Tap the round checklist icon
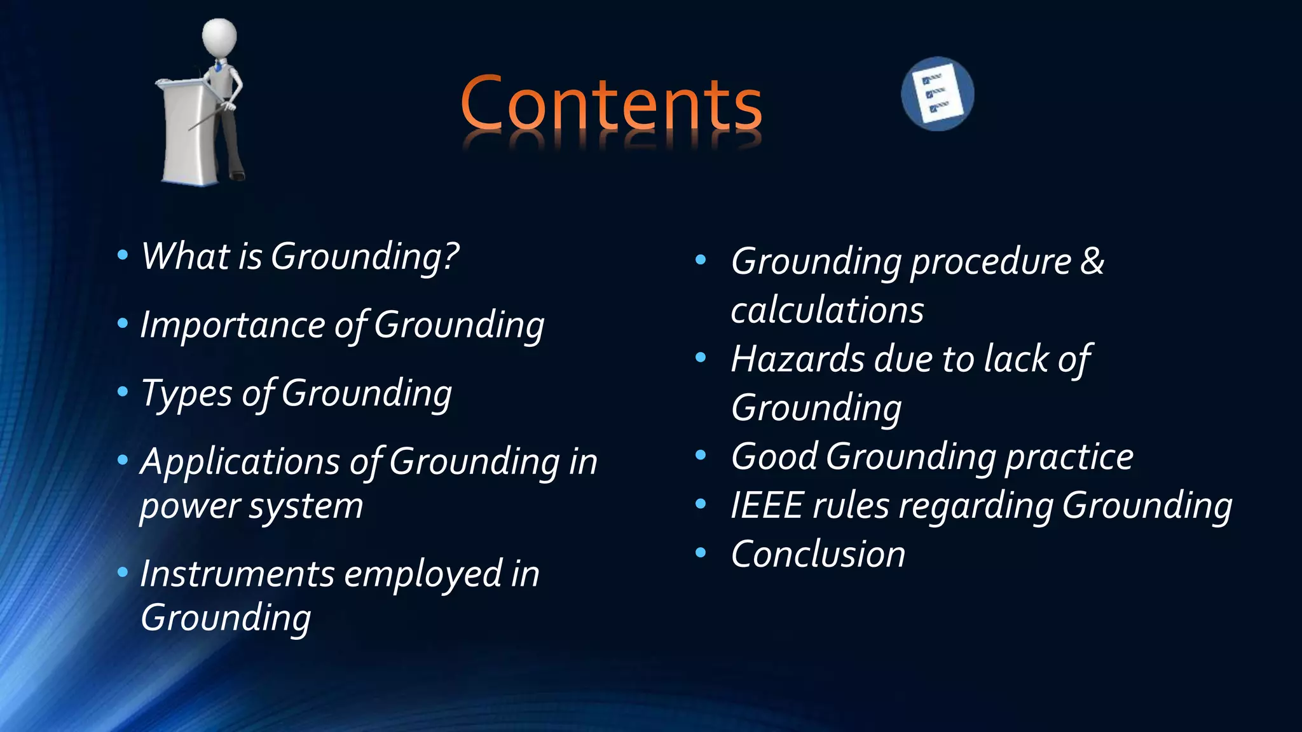(x=937, y=94)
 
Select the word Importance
(x=232, y=325)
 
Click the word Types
(x=186, y=394)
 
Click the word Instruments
(x=236, y=574)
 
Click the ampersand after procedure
(x=1092, y=261)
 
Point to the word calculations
(x=827, y=310)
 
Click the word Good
(x=774, y=456)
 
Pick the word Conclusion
(x=818, y=554)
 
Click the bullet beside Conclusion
(x=701, y=553)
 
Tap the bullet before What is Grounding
(x=123, y=255)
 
